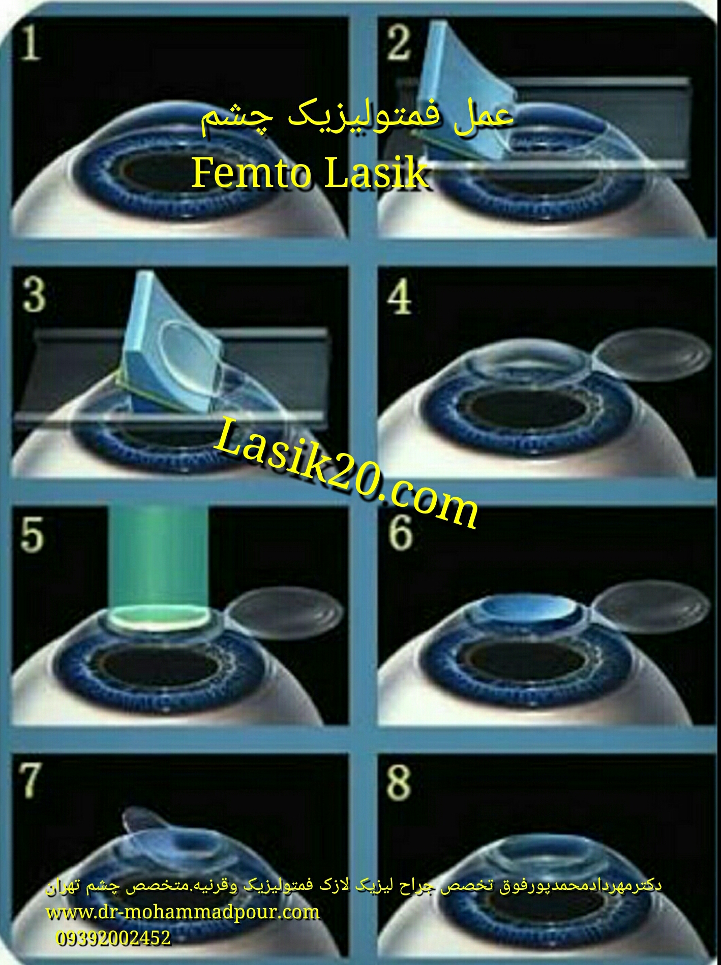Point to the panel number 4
[400, 297]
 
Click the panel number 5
[33, 534]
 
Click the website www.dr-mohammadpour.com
[183, 912]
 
